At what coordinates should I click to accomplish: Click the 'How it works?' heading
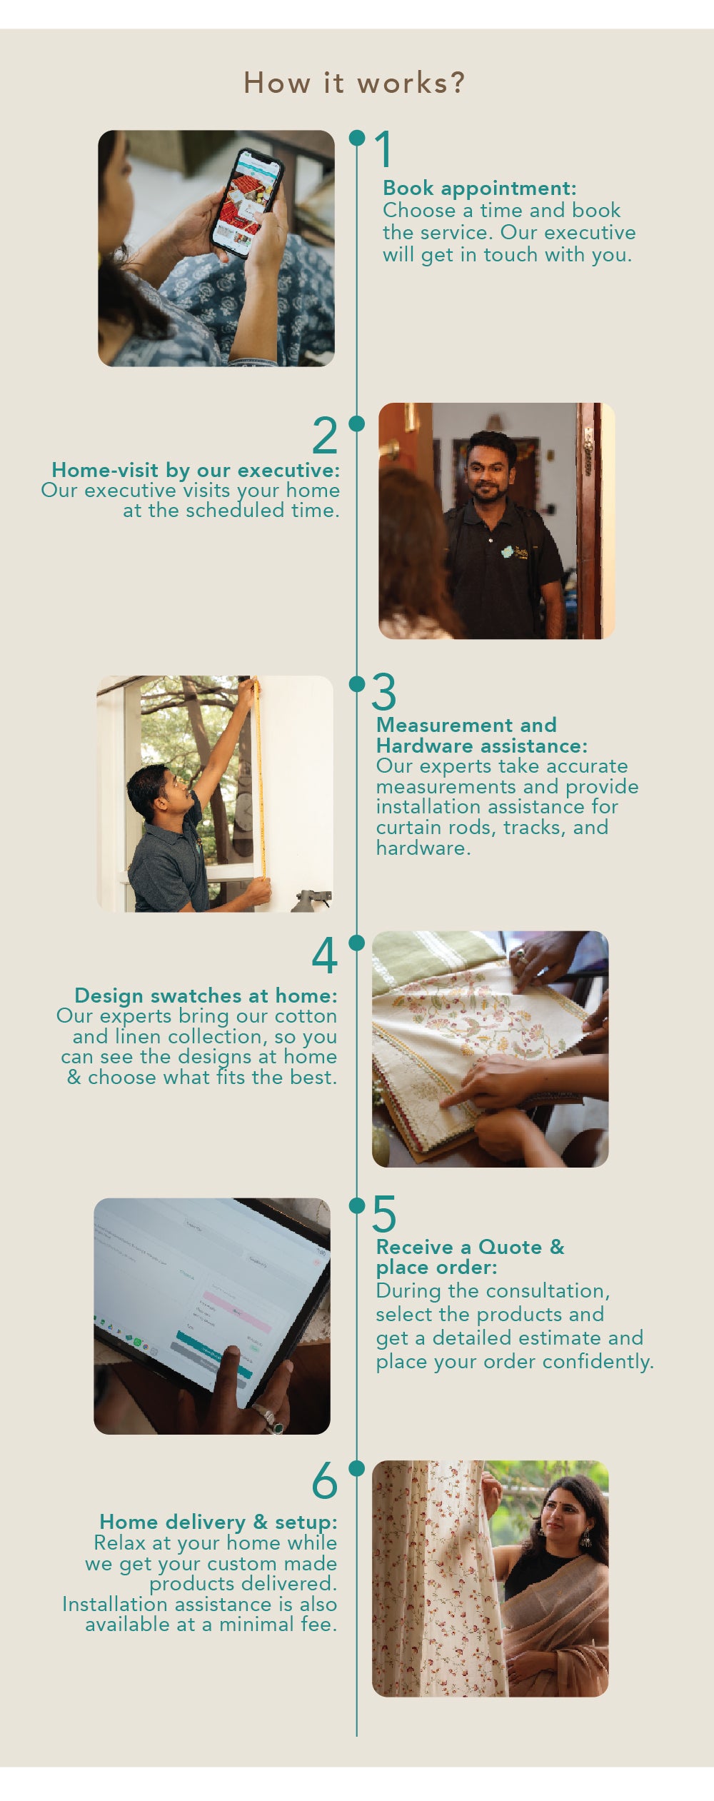pyautogui.click(x=354, y=83)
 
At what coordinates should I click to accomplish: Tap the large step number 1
pyautogui.click(x=384, y=149)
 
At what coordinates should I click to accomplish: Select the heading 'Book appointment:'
pyautogui.click(x=480, y=189)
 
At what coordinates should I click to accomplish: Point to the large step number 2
pyautogui.click(x=325, y=435)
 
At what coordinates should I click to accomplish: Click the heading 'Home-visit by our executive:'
pyautogui.click(x=196, y=470)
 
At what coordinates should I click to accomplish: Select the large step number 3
pyautogui.click(x=384, y=692)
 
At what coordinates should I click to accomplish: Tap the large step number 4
pyautogui.click(x=325, y=955)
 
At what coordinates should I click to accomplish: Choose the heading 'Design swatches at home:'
pyautogui.click(x=206, y=995)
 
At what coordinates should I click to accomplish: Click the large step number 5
pyautogui.click(x=384, y=1214)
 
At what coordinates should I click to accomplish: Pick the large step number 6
pyautogui.click(x=325, y=1480)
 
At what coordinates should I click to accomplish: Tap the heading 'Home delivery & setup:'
pyautogui.click(x=218, y=1522)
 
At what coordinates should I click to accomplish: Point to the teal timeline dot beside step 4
pyautogui.click(x=356, y=943)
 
